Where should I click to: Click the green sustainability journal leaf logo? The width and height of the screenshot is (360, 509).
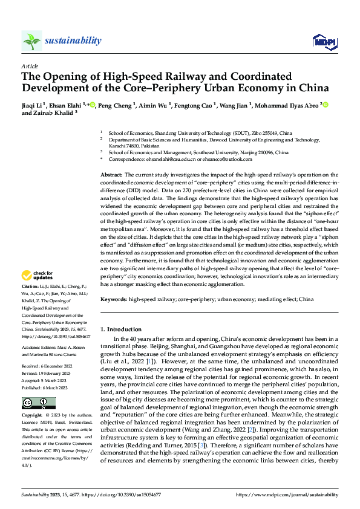[x=32, y=41]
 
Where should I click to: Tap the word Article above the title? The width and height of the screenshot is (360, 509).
[x=30, y=66]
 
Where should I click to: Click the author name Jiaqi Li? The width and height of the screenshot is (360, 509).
[x=33, y=104]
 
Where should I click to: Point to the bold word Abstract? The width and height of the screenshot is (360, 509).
[x=113, y=174]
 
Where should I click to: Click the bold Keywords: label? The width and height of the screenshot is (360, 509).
[x=114, y=299]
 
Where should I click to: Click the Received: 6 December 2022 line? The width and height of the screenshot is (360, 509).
[x=49, y=349]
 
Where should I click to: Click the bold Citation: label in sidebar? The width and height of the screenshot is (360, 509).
[x=30, y=285]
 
